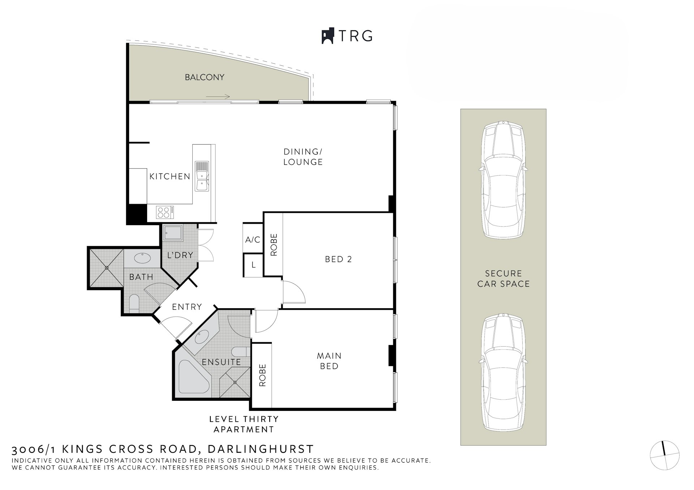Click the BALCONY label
pos(205,77)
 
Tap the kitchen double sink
pos(202,176)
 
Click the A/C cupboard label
pos(253,240)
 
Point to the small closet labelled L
pos(253,265)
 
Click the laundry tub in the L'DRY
pos(173,233)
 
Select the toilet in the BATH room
pos(134,303)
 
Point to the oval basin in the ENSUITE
pos(200,338)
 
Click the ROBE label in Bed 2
pos(274,245)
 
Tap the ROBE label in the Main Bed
pos(262,375)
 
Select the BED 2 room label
pos(338,259)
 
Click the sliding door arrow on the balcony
pos(218,96)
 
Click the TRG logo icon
pos(328,36)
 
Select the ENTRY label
pos(187,307)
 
